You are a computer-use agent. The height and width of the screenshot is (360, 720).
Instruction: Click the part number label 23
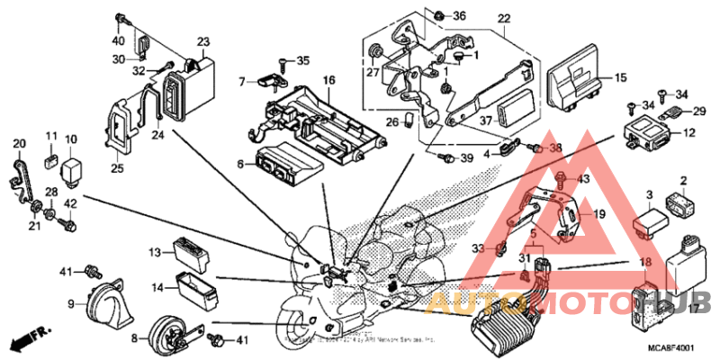coord(202,41)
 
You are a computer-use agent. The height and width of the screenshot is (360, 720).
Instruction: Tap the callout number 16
coord(329,80)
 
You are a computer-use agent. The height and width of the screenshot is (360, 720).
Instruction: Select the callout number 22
coord(503,19)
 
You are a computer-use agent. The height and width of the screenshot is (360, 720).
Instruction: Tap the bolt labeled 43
coord(561,180)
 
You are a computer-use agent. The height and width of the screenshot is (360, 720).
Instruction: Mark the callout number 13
coord(154,252)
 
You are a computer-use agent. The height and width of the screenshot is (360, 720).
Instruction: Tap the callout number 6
coord(241,165)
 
